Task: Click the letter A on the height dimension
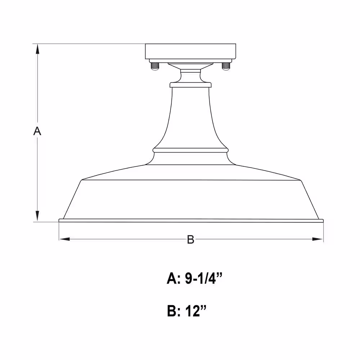coord(37,131)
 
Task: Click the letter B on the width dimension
coord(190,239)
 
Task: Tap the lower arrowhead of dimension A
coord(37,216)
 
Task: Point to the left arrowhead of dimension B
coord(64,239)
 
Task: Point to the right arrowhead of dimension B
coord(318,239)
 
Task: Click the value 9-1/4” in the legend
coord(204,279)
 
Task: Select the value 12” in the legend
coord(196,311)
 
